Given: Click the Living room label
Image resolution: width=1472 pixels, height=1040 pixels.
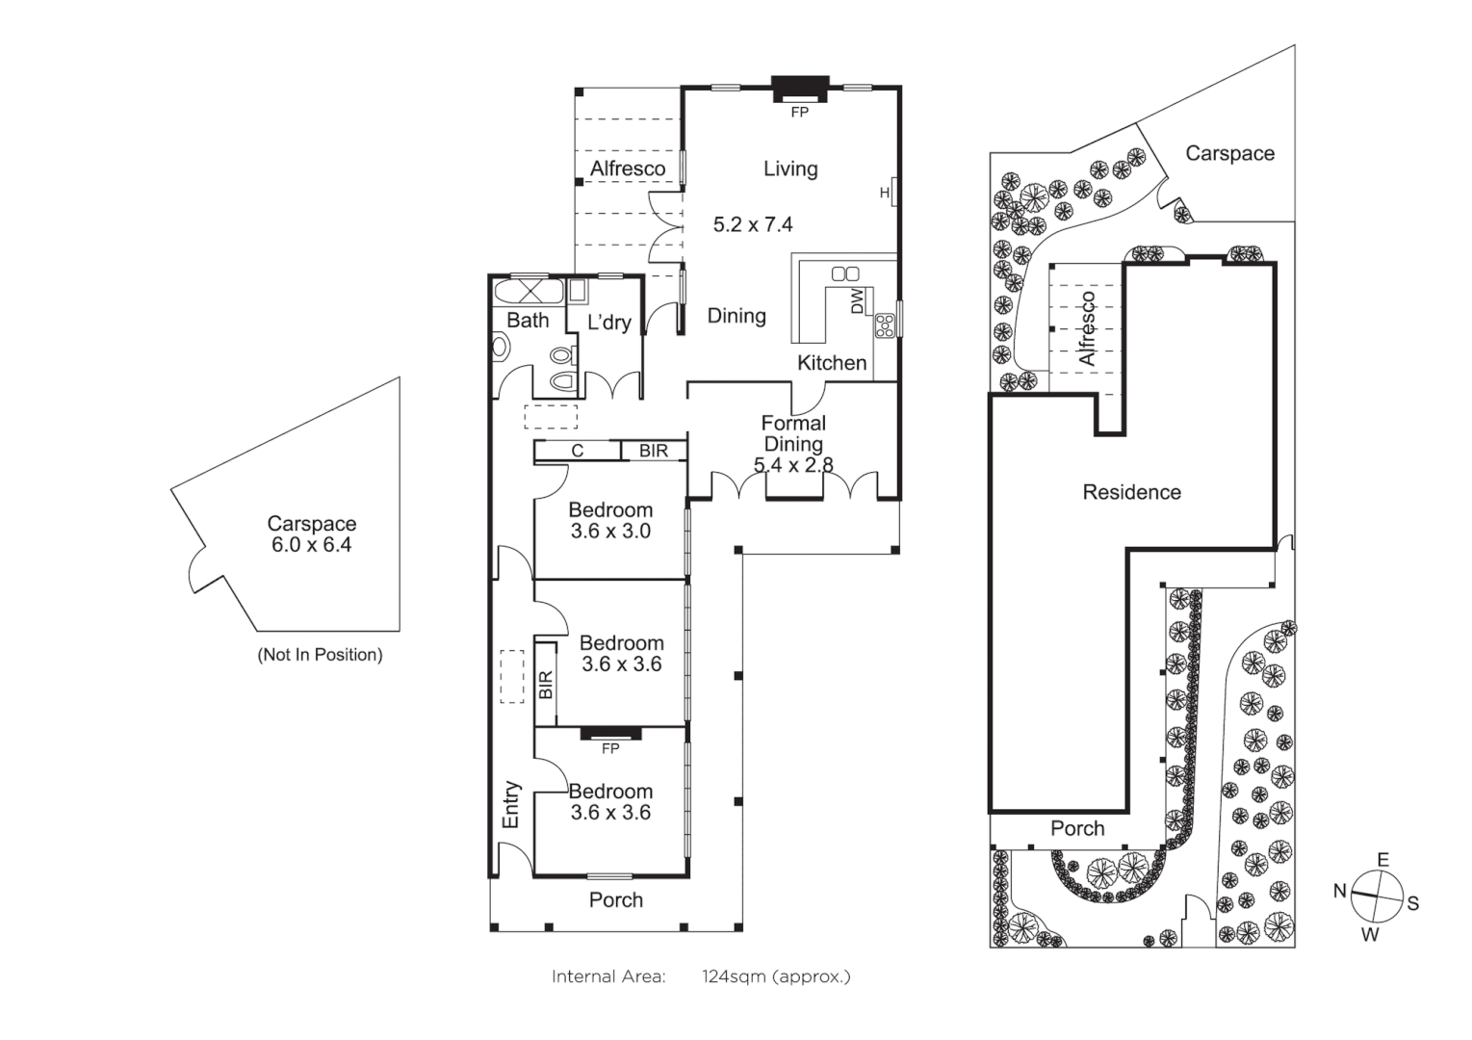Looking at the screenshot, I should [x=790, y=169].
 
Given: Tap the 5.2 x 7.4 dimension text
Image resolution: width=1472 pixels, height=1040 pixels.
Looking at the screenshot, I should [x=753, y=224].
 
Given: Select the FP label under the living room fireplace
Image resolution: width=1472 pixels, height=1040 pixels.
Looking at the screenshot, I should [x=799, y=113].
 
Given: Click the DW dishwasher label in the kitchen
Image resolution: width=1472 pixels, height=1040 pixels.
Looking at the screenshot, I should [x=857, y=301].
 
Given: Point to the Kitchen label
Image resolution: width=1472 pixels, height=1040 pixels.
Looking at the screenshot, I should [x=832, y=363].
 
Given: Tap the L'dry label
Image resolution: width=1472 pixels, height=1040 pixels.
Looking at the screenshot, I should [x=609, y=323].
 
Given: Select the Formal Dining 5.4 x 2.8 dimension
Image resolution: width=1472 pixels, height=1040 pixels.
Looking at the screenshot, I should [x=793, y=465].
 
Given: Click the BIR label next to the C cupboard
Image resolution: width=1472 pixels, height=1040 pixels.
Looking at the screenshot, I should [x=654, y=451].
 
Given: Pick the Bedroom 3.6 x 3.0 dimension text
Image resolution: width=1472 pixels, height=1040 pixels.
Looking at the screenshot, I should [x=610, y=532].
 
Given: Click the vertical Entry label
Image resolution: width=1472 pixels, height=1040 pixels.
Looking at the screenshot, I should [x=511, y=804].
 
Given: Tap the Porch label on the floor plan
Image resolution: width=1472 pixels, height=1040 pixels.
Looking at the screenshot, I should [x=616, y=900].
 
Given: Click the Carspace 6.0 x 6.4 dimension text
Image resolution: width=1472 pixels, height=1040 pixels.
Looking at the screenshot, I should [x=312, y=545].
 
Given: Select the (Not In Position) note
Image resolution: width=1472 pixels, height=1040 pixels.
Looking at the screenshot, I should [x=320, y=655].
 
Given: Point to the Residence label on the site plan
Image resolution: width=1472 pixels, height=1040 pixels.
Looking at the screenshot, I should [x=1131, y=492].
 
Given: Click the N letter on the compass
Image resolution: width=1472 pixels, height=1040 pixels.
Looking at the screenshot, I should [x=1339, y=891].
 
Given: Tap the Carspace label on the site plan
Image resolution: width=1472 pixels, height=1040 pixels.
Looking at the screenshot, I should [x=1229, y=154].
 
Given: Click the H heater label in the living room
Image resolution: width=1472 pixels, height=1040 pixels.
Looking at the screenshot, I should [x=885, y=194].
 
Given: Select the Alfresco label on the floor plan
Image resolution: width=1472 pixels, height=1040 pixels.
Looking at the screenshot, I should [x=628, y=169].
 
